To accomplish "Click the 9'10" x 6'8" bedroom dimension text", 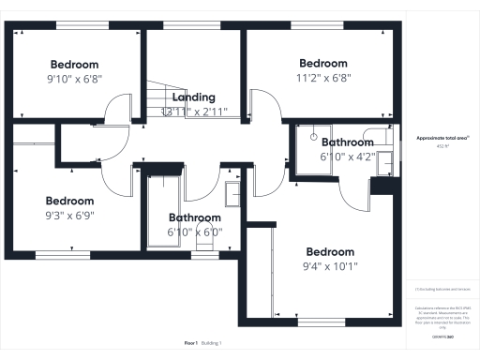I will [75, 80].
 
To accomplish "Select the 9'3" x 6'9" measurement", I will [70, 217].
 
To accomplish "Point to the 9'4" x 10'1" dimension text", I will [331, 267].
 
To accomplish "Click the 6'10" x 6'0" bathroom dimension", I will [194, 232].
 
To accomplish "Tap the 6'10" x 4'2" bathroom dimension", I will [348, 158].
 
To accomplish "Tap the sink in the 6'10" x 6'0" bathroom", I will [233, 194].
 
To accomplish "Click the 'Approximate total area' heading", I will [436, 138].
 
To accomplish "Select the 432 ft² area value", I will [436, 146].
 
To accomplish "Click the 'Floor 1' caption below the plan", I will [190, 344].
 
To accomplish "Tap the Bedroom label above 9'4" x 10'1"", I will [330, 252].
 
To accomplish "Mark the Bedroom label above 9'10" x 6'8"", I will [75, 65].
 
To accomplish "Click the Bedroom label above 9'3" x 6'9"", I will [70, 201].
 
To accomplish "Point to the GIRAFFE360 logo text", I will [437, 336].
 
